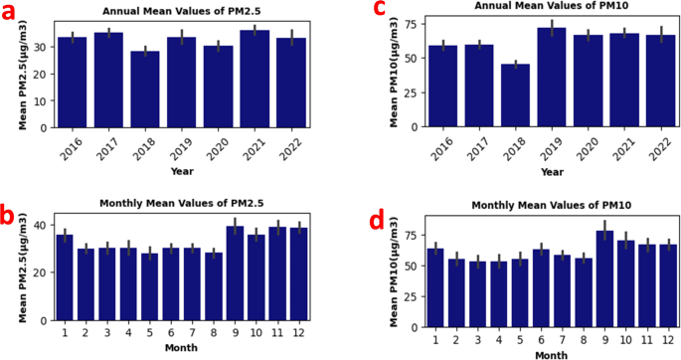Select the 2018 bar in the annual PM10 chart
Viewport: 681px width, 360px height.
pos(515,95)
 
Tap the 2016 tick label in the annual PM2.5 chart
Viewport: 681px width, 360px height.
pos(68,147)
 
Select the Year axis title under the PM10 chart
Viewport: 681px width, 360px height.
pos(552,171)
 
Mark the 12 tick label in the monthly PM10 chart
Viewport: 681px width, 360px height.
pos(667,339)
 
